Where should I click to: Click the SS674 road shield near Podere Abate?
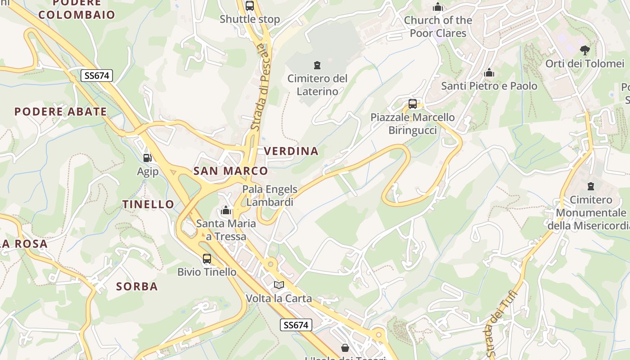click(x=97, y=76)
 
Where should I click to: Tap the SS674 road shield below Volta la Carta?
click(x=296, y=325)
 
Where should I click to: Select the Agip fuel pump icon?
click(x=147, y=158)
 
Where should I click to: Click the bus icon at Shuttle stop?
click(x=250, y=6)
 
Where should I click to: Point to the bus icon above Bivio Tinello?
click(x=207, y=259)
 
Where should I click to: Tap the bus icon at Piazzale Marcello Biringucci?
click(x=413, y=104)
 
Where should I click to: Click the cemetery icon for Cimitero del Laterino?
click(x=318, y=65)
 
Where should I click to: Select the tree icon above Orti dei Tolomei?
click(x=585, y=50)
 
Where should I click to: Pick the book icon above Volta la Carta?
click(x=279, y=285)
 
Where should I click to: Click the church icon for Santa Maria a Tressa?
click(x=226, y=210)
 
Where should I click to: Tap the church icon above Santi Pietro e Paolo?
click(x=489, y=72)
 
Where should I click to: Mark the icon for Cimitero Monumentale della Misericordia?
click(x=591, y=186)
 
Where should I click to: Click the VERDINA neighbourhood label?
click(x=291, y=151)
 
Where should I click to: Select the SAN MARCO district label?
click(x=230, y=171)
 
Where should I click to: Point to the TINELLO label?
click(x=148, y=204)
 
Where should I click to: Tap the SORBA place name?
click(x=137, y=286)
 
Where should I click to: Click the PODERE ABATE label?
click(x=61, y=112)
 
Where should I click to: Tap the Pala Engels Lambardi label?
click(x=270, y=196)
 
